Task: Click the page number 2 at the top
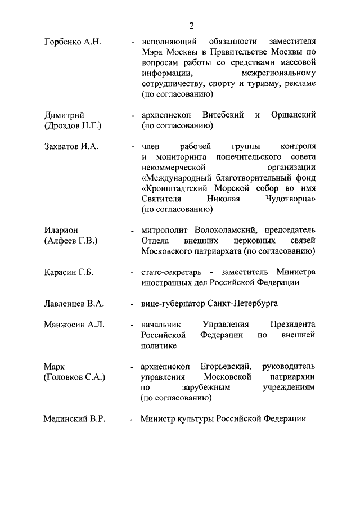191,26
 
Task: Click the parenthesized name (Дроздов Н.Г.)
73,126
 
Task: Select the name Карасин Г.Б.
69,272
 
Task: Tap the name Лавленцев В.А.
74,304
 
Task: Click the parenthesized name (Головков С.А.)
74,377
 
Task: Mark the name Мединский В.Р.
74,419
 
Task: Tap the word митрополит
166,230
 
